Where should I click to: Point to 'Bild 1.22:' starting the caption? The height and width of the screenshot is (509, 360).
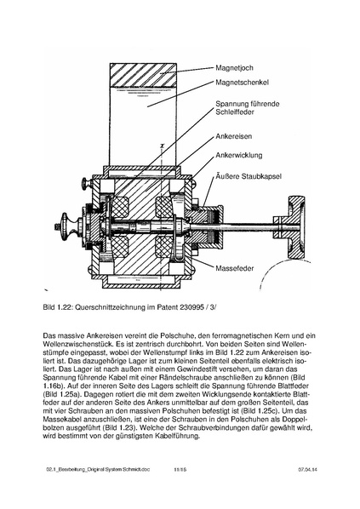(64, 306)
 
